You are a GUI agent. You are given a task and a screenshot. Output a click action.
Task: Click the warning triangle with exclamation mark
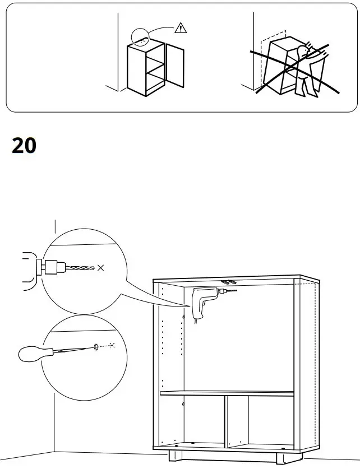click(180, 27)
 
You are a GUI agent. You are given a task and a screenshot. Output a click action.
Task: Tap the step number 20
click(24, 146)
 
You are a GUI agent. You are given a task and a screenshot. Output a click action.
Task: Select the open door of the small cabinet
click(176, 67)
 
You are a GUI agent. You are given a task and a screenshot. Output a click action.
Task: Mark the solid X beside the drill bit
click(100, 268)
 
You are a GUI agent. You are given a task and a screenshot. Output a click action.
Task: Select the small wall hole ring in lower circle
click(97, 347)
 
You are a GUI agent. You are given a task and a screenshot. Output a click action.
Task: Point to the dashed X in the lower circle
click(112, 345)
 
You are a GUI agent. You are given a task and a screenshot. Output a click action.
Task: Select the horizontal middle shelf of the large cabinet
click(227, 393)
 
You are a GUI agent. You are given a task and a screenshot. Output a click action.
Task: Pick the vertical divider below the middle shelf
click(227, 420)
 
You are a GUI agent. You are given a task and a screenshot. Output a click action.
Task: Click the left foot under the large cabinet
click(175, 457)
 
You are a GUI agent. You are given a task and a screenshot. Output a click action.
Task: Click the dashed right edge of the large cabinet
click(318, 364)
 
